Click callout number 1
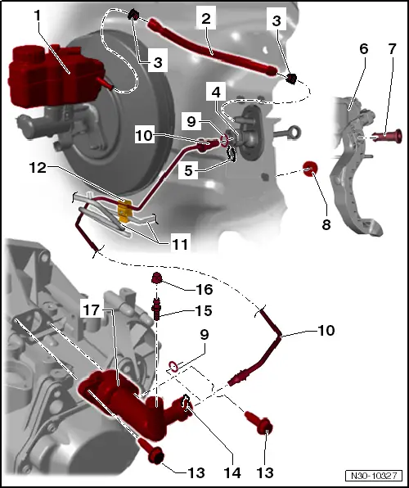pyautogui.click(x=38, y=15)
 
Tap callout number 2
pyautogui.click(x=206, y=19)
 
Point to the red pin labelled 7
pyautogui.click(x=387, y=136)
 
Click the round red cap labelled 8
pyautogui.click(x=310, y=169)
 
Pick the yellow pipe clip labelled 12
pyautogui.click(x=125, y=211)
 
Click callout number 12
pyautogui.click(x=38, y=168)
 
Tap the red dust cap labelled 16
pyautogui.click(x=157, y=278)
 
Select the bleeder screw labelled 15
pyautogui.click(x=156, y=309)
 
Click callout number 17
pyautogui.click(x=92, y=310)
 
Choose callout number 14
pyautogui.click(x=232, y=472)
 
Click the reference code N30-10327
pyautogui.click(x=374, y=476)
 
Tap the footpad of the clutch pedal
pyautogui.click(x=373, y=228)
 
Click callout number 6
pyautogui.click(x=363, y=49)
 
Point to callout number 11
pyautogui.click(x=180, y=244)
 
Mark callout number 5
pyautogui.click(x=188, y=170)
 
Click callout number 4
pyautogui.click(x=216, y=93)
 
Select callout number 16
pyautogui.click(x=204, y=289)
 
